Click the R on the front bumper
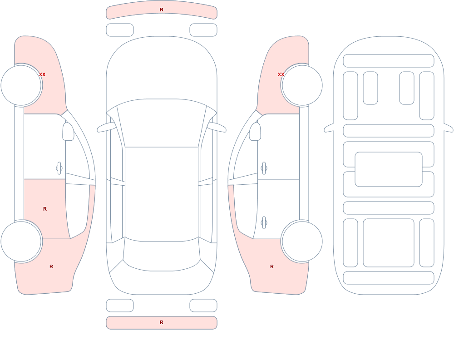point(162,10)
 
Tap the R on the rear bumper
point(162,322)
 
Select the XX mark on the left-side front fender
point(42,74)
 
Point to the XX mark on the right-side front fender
point(281,74)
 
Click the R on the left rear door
point(45,209)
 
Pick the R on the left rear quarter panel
point(51,266)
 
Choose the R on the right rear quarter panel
point(272,266)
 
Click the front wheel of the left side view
point(21,85)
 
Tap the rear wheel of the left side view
point(21,241)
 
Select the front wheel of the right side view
point(302,85)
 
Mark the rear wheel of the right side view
point(302,241)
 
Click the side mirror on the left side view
point(68,132)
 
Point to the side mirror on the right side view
point(255,132)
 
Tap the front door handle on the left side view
point(59,168)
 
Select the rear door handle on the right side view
point(264,223)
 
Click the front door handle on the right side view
point(264,168)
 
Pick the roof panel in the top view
point(162,194)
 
